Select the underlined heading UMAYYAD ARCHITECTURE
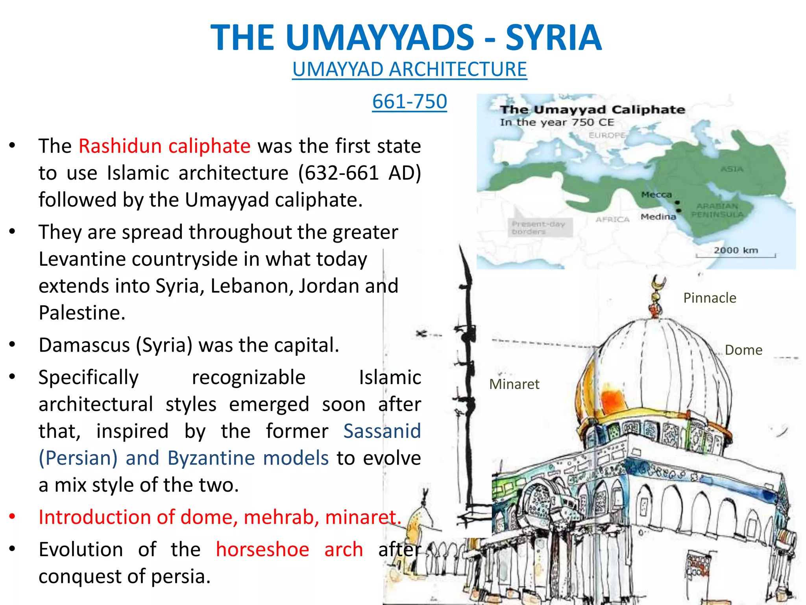(x=409, y=69)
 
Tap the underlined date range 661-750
(x=409, y=102)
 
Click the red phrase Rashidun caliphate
(x=165, y=146)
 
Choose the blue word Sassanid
(x=382, y=431)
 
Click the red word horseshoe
(x=263, y=549)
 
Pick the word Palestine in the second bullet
(x=82, y=313)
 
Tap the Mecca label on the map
(x=656, y=195)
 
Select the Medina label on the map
(x=658, y=217)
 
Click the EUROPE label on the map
(x=606, y=135)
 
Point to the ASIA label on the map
(x=732, y=169)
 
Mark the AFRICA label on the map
(x=612, y=219)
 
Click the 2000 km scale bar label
(x=736, y=250)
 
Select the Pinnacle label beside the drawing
(x=710, y=298)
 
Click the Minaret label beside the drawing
(x=514, y=384)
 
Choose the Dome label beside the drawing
(x=743, y=350)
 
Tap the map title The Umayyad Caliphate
(x=592, y=109)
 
